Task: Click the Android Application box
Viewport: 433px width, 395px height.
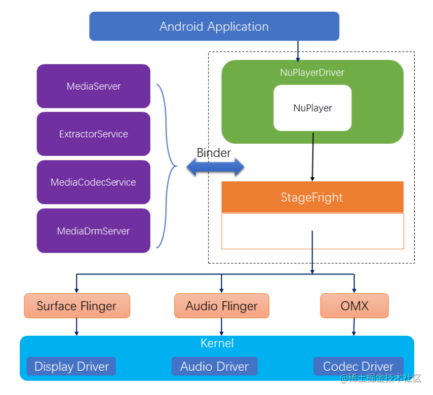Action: tap(214, 26)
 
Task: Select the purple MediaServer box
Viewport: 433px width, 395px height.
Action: tap(94, 86)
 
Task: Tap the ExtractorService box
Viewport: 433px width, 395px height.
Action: tap(94, 134)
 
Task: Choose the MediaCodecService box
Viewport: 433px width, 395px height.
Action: tap(94, 182)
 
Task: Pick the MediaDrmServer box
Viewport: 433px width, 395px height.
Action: tap(94, 231)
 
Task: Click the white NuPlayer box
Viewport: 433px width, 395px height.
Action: tap(312, 108)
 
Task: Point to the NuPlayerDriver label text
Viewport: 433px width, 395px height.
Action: tap(312, 72)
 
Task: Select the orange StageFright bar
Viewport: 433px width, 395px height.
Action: tap(312, 197)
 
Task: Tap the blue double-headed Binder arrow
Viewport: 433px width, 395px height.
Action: tap(215, 168)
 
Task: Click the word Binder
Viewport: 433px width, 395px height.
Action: tap(214, 152)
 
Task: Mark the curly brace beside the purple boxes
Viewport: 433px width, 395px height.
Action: tap(167, 166)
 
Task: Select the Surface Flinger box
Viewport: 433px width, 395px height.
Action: tap(76, 306)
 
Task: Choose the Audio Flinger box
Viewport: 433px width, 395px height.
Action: tap(221, 306)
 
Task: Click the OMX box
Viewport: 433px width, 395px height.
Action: tap(354, 306)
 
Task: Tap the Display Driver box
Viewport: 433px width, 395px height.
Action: tap(71, 366)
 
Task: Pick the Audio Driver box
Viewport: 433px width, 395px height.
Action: tap(214, 366)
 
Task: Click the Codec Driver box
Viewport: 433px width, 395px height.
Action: tap(358, 366)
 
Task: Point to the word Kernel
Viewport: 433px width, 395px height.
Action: tap(217, 343)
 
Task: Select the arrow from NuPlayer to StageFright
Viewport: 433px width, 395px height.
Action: tap(313, 157)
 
